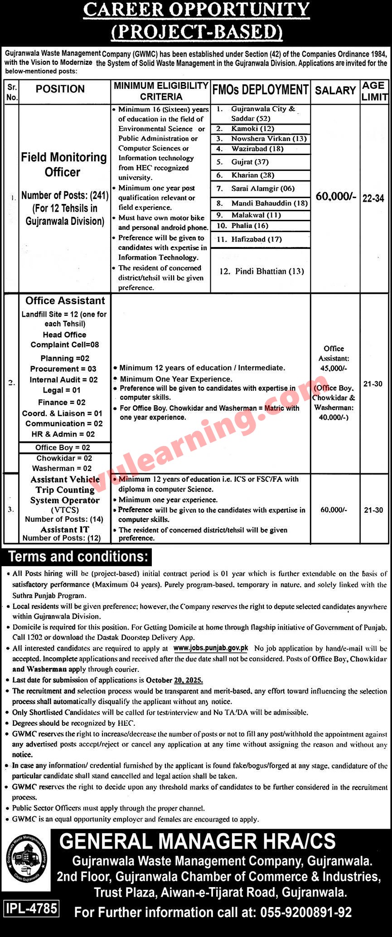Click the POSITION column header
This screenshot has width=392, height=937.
(60, 89)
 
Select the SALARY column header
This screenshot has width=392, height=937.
(335, 91)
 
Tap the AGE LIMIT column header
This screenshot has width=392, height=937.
(374, 91)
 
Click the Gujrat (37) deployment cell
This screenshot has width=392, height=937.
(250, 162)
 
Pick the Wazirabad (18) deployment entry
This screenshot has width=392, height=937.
(257, 149)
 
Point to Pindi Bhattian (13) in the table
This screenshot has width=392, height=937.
(261, 271)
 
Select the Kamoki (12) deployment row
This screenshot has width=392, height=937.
(252, 129)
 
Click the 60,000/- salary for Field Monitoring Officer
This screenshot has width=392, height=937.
(336, 197)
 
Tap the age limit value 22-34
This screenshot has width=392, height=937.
(373, 198)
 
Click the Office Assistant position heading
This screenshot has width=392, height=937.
(65, 301)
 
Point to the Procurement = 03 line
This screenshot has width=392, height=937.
(63, 369)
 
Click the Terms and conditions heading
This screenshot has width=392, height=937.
(78, 557)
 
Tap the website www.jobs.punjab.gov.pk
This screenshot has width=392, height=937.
(211, 648)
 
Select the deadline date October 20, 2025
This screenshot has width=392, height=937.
(174, 680)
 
